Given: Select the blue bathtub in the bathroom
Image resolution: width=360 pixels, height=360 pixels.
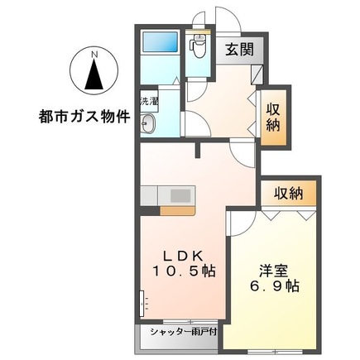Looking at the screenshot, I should pos(157,46).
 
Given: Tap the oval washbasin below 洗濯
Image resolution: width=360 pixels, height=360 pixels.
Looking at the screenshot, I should pos(150,124).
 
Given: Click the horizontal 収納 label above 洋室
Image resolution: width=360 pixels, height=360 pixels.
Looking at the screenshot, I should pos(284,194).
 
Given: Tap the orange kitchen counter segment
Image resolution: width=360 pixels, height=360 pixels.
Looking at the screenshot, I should pos(175,210).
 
